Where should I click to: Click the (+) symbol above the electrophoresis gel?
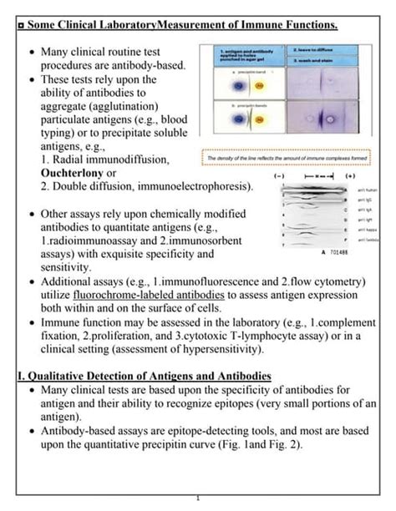[x=350, y=178]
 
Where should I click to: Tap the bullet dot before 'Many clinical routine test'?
[x=32, y=52]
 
